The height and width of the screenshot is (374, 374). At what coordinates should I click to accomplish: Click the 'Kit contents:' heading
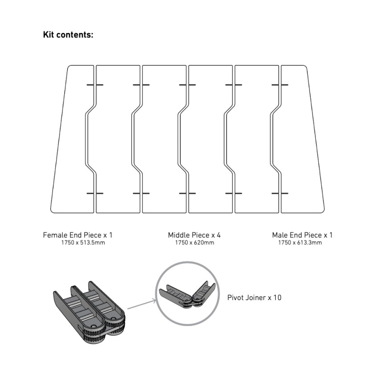(68, 35)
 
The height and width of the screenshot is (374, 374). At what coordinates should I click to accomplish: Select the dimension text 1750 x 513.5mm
(83, 243)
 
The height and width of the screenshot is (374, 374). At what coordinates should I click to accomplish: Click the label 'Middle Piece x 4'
(194, 235)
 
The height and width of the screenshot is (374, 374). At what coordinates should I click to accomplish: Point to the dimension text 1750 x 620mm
(195, 243)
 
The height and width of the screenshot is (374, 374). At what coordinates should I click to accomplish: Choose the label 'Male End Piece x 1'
(302, 235)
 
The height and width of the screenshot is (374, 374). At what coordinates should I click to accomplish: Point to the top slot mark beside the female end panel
(95, 84)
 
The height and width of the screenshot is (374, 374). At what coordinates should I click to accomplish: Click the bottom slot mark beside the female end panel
(95, 193)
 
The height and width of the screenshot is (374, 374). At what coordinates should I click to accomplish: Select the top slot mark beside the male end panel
(280, 84)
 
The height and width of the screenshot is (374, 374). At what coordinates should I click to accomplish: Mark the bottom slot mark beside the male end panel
(280, 193)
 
